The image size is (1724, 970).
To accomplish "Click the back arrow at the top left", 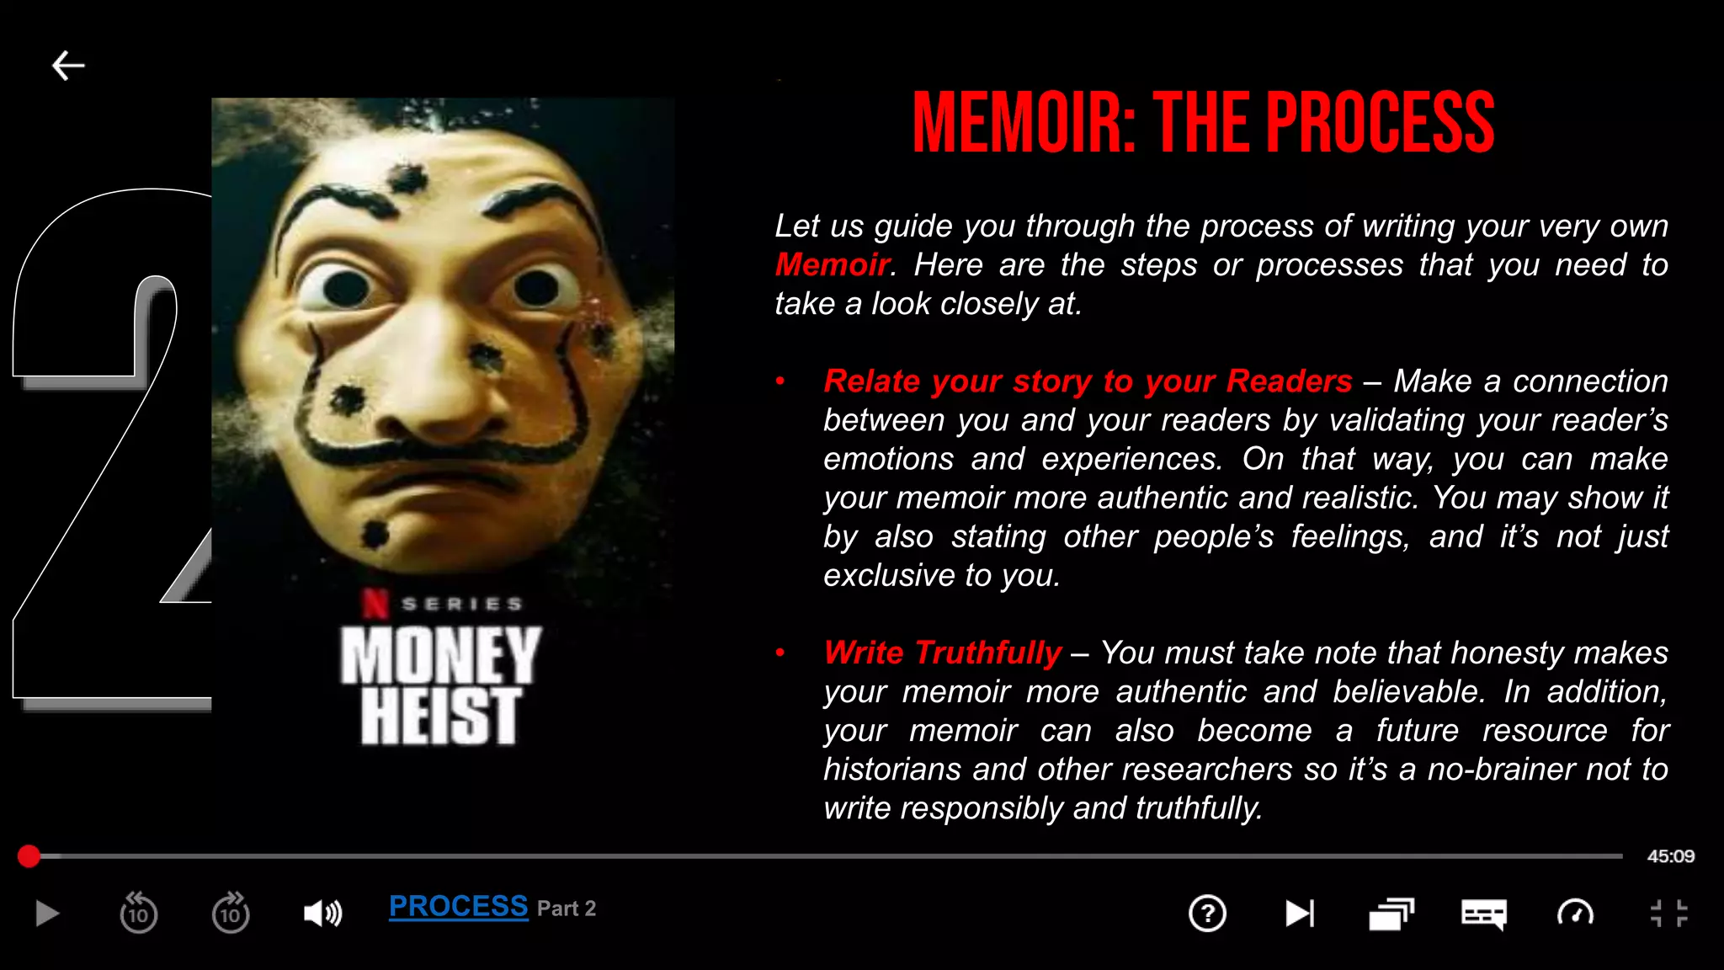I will (68, 66).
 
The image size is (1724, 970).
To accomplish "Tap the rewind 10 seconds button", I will (138, 913).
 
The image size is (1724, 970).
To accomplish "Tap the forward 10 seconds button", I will (231, 913).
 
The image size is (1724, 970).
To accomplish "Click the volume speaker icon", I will (322, 914).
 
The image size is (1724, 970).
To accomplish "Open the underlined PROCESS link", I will (458, 907).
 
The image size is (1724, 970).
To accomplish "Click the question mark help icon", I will (1207, 914).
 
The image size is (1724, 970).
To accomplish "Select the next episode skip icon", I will (1299, 914).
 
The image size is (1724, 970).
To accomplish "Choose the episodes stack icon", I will (1391, 914).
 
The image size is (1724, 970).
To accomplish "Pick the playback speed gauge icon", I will (1575, 914).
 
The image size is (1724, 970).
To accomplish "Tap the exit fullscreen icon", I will (1668, 914).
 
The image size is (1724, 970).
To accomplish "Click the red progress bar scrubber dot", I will (29, 856).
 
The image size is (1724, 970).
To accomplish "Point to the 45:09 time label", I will (1670, 856).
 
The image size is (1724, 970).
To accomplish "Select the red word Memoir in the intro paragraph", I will (832, 265).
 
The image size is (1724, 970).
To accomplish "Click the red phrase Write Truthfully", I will (943, 653).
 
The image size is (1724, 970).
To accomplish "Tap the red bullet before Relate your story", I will (780, 381).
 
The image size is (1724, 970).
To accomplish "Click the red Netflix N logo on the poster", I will (375, 603).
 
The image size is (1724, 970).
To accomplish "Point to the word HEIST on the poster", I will (440, 716).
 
